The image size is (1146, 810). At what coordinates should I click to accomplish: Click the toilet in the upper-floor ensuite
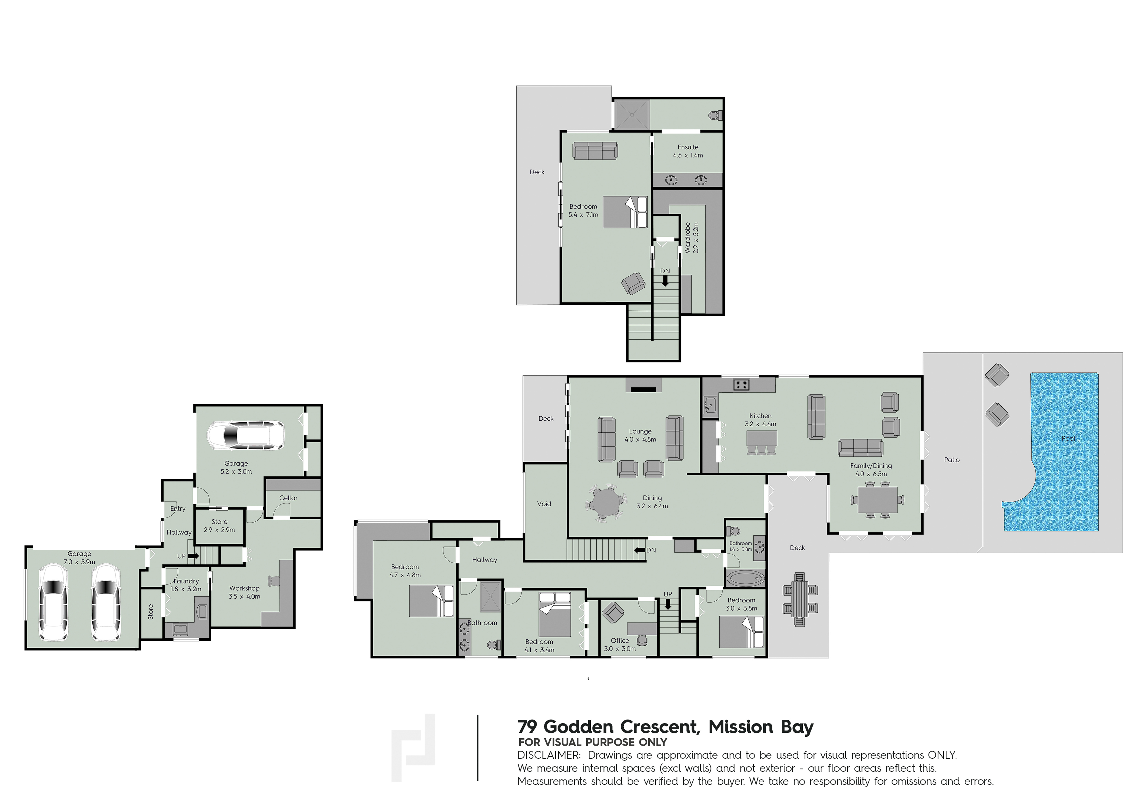pyautogui.click(x=715, y=115)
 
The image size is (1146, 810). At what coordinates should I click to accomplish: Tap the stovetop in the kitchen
pyautogui.click(x=741, y=384)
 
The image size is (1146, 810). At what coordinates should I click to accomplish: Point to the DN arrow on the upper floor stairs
pyautogui.click(x=665, y=281)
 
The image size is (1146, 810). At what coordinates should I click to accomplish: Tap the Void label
pyautogui.click(x=544, y=504)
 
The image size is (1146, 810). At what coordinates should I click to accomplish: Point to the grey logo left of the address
pyautogui.click(x=413, y=747)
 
